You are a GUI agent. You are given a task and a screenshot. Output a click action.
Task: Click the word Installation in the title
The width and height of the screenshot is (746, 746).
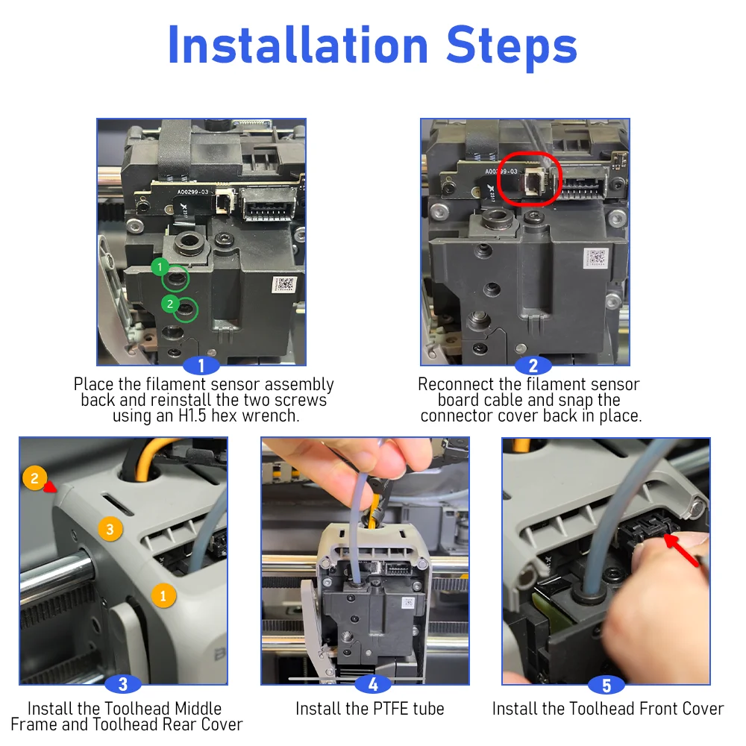(x=298, y=46)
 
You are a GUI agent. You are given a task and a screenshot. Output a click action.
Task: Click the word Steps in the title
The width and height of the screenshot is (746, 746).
(x=512, y=46)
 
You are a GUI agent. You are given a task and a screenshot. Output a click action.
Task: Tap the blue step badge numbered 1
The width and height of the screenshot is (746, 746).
(x=201, y=366)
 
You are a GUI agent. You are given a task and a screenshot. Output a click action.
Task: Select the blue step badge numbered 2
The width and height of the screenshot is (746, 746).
(x=533, y=366)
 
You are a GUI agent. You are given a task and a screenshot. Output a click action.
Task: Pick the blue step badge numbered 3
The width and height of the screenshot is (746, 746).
(x=123, y=684)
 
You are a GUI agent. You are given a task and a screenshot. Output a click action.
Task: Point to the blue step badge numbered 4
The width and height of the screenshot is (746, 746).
(x=373, y=684)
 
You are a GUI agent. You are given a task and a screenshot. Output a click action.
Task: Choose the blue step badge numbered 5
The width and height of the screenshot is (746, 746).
(x=606, y=685)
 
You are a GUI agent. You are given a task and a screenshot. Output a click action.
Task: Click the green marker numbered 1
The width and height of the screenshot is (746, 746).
(x=160, y=267)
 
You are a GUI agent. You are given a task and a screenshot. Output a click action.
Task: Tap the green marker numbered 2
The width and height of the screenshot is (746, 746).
(x=170, y=304)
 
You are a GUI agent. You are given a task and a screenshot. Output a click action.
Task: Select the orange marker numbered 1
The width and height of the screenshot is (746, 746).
(x=163, y=595)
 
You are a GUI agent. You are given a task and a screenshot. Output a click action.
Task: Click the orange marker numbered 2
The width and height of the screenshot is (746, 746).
(x=34, y=478)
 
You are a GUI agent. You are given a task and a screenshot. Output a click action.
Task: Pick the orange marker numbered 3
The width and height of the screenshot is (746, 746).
(x=110, y=529)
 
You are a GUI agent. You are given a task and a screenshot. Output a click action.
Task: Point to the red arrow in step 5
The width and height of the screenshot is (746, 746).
(x=682, y=551)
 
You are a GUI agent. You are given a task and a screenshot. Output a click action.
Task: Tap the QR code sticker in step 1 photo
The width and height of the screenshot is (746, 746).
(x=284, y=284)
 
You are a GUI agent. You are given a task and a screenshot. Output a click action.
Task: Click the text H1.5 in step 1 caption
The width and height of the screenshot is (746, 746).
(x=192, y=416)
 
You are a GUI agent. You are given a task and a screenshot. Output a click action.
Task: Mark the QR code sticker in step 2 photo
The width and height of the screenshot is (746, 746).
(x=596, y=258)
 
